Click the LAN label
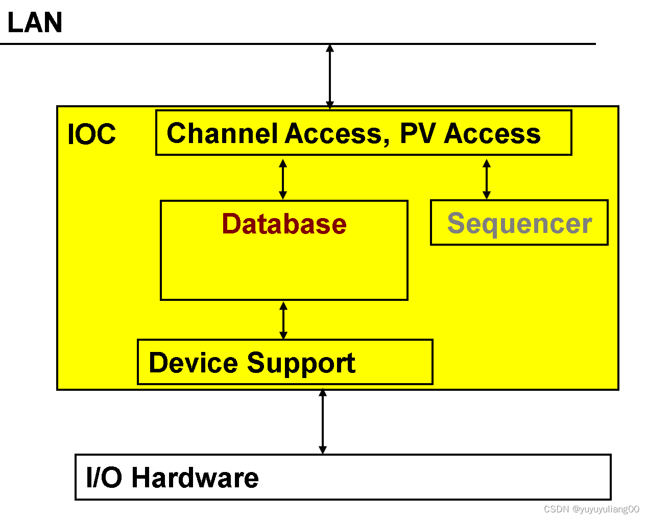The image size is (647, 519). (x=35, y=22)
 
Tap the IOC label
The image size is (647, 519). (x=92, y=134)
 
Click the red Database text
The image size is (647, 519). (x=284, y=224)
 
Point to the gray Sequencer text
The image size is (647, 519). (x=519, y=224)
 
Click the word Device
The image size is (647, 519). (x=194, y=363)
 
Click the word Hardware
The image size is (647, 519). (x=195, y=478)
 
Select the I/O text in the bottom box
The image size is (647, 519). (x=104, y=478)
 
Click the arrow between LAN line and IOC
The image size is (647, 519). (x=330, y=77)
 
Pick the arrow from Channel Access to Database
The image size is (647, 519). (x=282, y=179)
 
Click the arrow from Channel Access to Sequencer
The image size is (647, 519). (x=487, y=179)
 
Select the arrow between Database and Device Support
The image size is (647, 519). (x=283, y=321)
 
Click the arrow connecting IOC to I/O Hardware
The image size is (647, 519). (x=323, y=421)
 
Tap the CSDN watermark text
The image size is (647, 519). (x=591, y=509)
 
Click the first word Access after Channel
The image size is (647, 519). (x=333, y=134)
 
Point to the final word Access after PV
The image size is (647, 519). (x=492, y=134)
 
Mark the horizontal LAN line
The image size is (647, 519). (x=298, y=44)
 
